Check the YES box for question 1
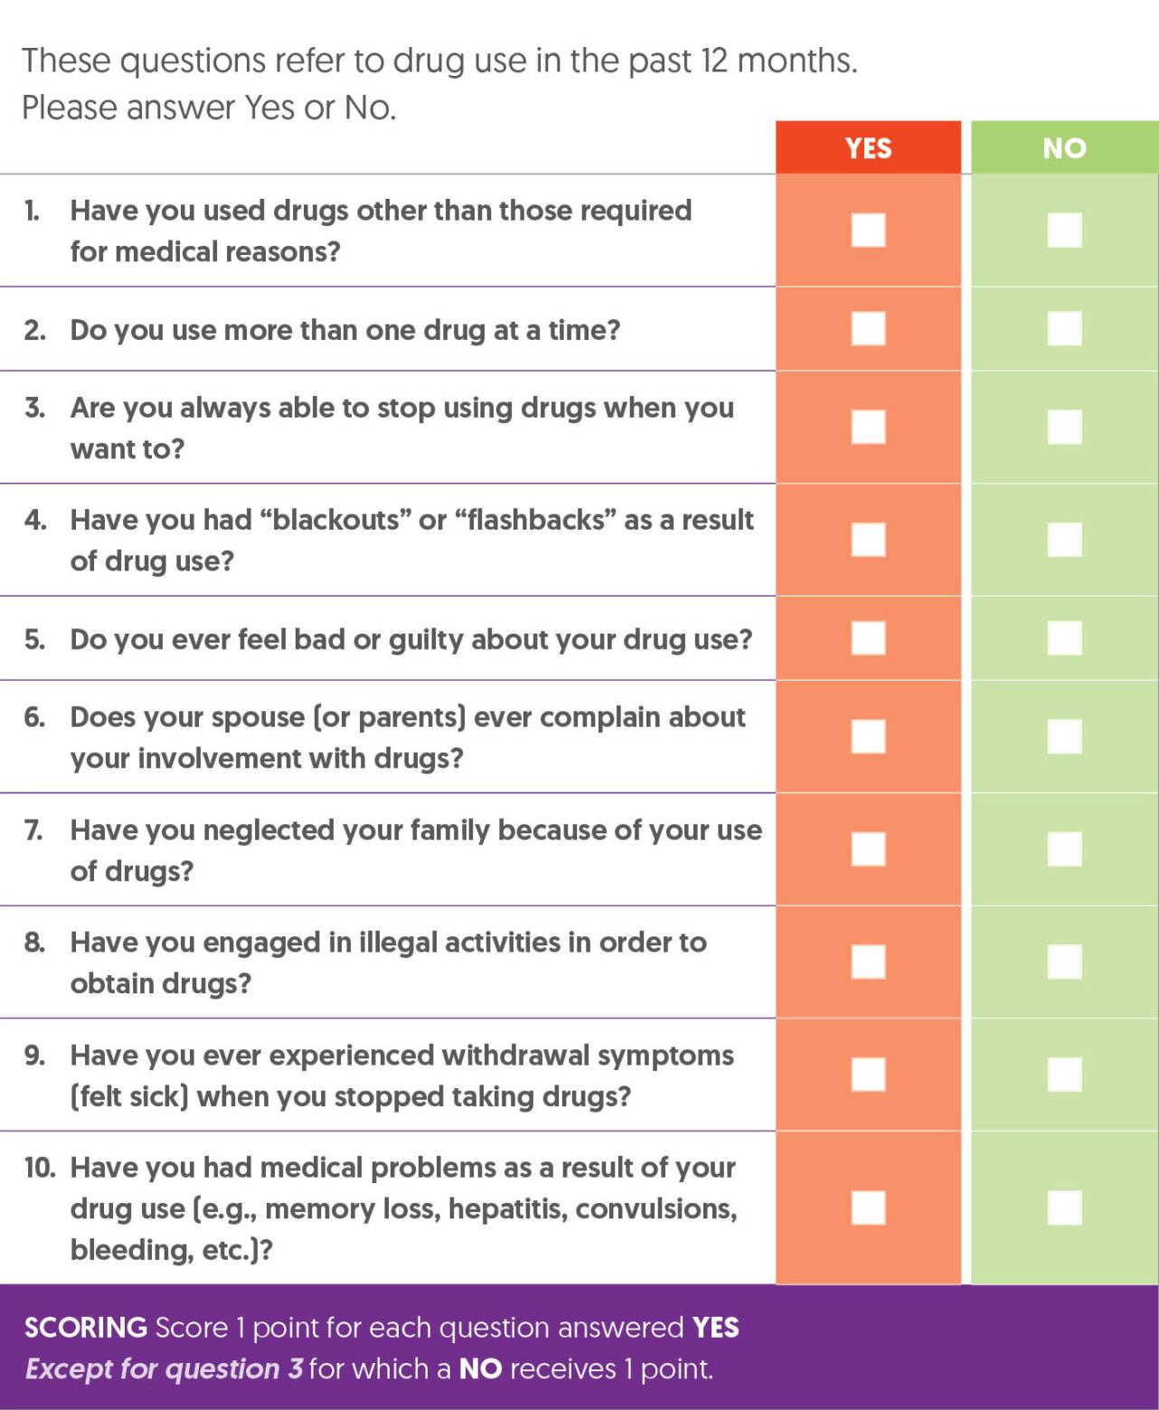click(868, 230)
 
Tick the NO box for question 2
click(1064, 328)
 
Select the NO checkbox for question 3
click(1064, 427)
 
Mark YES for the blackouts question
click(868, 540)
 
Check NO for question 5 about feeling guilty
click(1064, 638)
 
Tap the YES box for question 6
click(868, 736)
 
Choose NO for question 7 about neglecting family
click(1064, 849)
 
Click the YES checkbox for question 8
click(868, 962)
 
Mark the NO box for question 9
click(1064, 1074)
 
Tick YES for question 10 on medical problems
click(868, 1208)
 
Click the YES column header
click(868, 148)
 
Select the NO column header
click(1064, 148)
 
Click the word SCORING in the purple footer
click(85, 1328)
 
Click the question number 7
click(33, 831)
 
